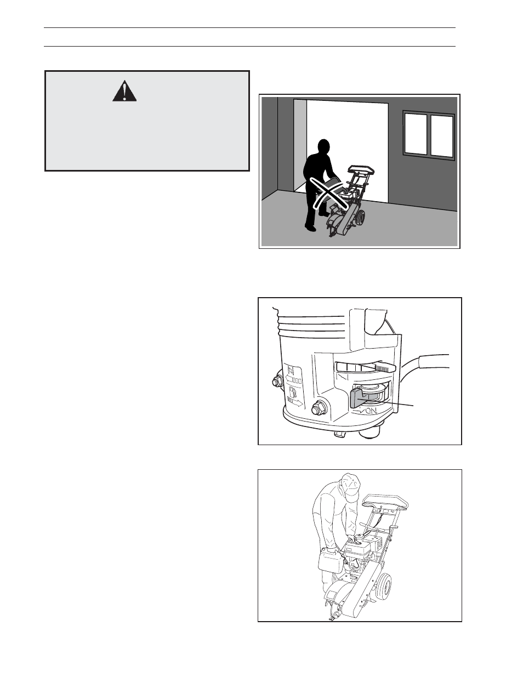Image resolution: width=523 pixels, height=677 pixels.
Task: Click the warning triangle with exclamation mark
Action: click(124, 92)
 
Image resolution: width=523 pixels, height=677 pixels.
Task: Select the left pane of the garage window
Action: click(415, 134)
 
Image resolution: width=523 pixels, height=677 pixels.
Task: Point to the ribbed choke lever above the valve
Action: click(364, 367)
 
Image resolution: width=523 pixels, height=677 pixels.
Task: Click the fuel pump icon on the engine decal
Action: click(292, 393)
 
